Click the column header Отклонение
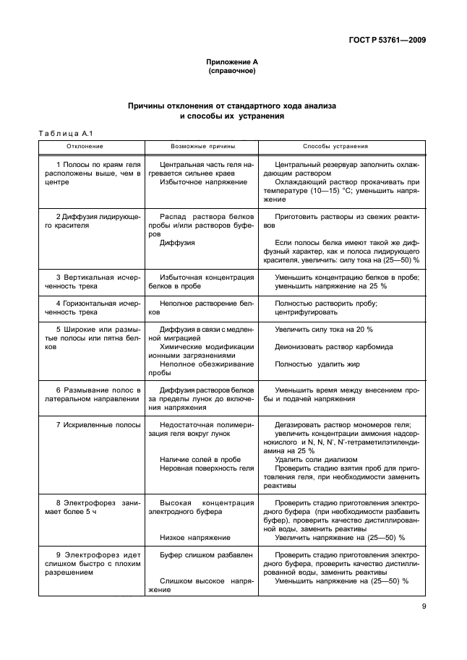pos(85,146)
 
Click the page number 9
pos(424,608)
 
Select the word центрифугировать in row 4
pos(307,312)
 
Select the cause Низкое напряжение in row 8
pos(194,538)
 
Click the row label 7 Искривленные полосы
pos(89,425)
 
